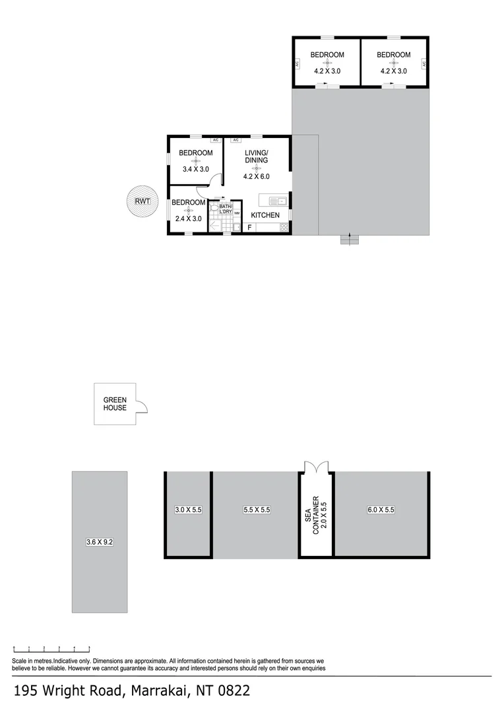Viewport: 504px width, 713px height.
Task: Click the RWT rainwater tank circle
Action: (142, 201)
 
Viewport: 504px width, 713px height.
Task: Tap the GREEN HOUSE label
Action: (115, 404)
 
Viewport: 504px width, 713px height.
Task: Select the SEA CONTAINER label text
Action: (312, 515)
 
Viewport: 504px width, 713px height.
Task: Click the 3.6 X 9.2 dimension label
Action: (100, 542)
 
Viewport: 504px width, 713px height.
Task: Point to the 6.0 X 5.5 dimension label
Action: (381, 510)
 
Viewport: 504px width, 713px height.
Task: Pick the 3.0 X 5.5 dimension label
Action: (188, 510)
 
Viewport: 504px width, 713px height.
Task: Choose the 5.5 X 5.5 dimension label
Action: (257, 510)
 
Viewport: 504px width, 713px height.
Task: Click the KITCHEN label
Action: (265, 215)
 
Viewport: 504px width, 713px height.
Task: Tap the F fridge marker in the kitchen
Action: (249, 227)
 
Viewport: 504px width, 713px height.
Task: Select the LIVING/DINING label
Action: (257, 156)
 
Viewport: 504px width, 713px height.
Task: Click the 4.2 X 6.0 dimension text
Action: (257, 176)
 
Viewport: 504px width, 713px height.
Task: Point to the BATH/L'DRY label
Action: (226, 209)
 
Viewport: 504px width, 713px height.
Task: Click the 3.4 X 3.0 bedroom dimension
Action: (196, 169)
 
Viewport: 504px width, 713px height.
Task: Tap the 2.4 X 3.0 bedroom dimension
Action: (189, 219)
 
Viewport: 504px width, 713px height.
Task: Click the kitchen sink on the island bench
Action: (277, 201)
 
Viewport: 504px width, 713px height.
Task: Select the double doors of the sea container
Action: (316, 467)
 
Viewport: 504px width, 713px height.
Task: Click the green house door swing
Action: (142, 404)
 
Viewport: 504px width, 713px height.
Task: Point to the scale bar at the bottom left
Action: (52, 649)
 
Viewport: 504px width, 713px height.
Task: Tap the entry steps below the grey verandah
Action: (350, 239)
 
